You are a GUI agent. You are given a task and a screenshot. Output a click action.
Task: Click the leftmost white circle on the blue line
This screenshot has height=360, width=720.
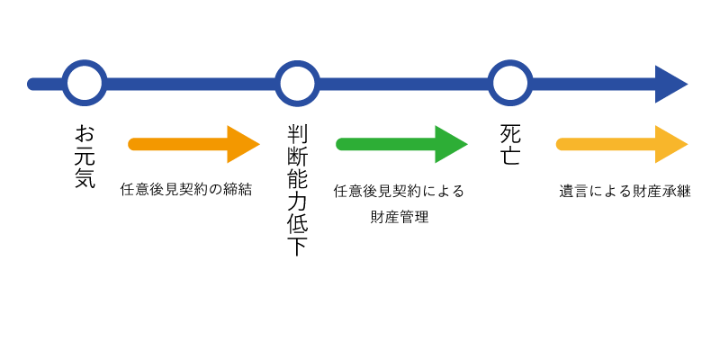click(x=85, y=84)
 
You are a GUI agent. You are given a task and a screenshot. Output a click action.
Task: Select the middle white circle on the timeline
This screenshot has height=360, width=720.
click(x=297, y=84)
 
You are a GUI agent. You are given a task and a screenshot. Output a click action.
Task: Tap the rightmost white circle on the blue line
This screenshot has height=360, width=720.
click(x=510, y=84)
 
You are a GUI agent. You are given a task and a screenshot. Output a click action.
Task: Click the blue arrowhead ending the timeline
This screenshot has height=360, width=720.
click(x=670, y=84)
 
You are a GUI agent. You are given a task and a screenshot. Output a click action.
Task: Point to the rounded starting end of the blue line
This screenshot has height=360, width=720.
click(x=34, y=84)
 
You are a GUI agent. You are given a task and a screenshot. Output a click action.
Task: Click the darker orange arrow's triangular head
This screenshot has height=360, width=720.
click(x=241, y=144)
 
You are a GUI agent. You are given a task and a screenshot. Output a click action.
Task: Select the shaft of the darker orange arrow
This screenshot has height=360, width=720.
click(x=180, y=144)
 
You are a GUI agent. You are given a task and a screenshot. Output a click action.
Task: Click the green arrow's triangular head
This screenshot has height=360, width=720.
click(x=449, y=144)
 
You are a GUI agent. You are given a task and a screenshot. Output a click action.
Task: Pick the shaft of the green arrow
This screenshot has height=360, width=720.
click(x=387, y=144)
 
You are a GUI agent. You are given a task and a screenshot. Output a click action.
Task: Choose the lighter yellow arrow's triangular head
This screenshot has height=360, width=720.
click(x=670, y=144)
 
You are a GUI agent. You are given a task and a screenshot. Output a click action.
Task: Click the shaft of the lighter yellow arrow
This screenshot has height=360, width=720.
click(x=608, y=144)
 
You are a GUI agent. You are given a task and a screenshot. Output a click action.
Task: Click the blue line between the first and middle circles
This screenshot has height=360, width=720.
click(x=191, y=84)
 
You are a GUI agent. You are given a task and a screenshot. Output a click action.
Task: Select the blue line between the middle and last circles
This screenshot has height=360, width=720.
click(x=403, y=84)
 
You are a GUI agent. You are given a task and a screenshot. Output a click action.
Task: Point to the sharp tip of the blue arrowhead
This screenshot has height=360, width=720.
click(x=687, y=84)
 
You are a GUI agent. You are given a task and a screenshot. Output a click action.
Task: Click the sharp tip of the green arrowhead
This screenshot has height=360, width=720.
click(x=466, y=144)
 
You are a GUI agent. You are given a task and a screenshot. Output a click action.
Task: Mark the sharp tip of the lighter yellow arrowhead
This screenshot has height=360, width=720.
click(x=687, y=144)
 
